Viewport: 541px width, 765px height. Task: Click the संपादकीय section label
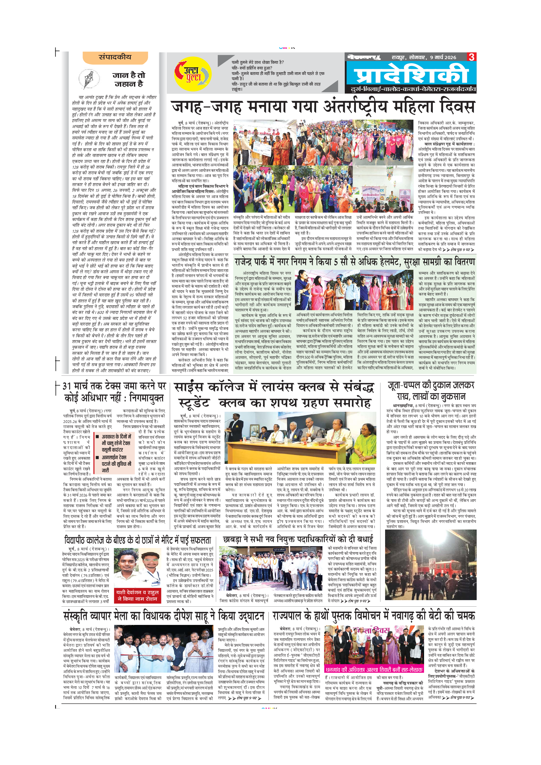click(115, 57)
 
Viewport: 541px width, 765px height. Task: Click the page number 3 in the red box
click(472, 57)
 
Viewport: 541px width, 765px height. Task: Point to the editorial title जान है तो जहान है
click(129, 79)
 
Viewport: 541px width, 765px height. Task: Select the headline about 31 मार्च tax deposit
click(114, 392)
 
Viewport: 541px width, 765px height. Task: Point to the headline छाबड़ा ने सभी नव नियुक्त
click(298, 539)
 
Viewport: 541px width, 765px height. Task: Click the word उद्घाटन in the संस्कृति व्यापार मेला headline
click(241, 616)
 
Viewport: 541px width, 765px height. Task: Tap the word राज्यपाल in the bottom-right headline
click(292, 616)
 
